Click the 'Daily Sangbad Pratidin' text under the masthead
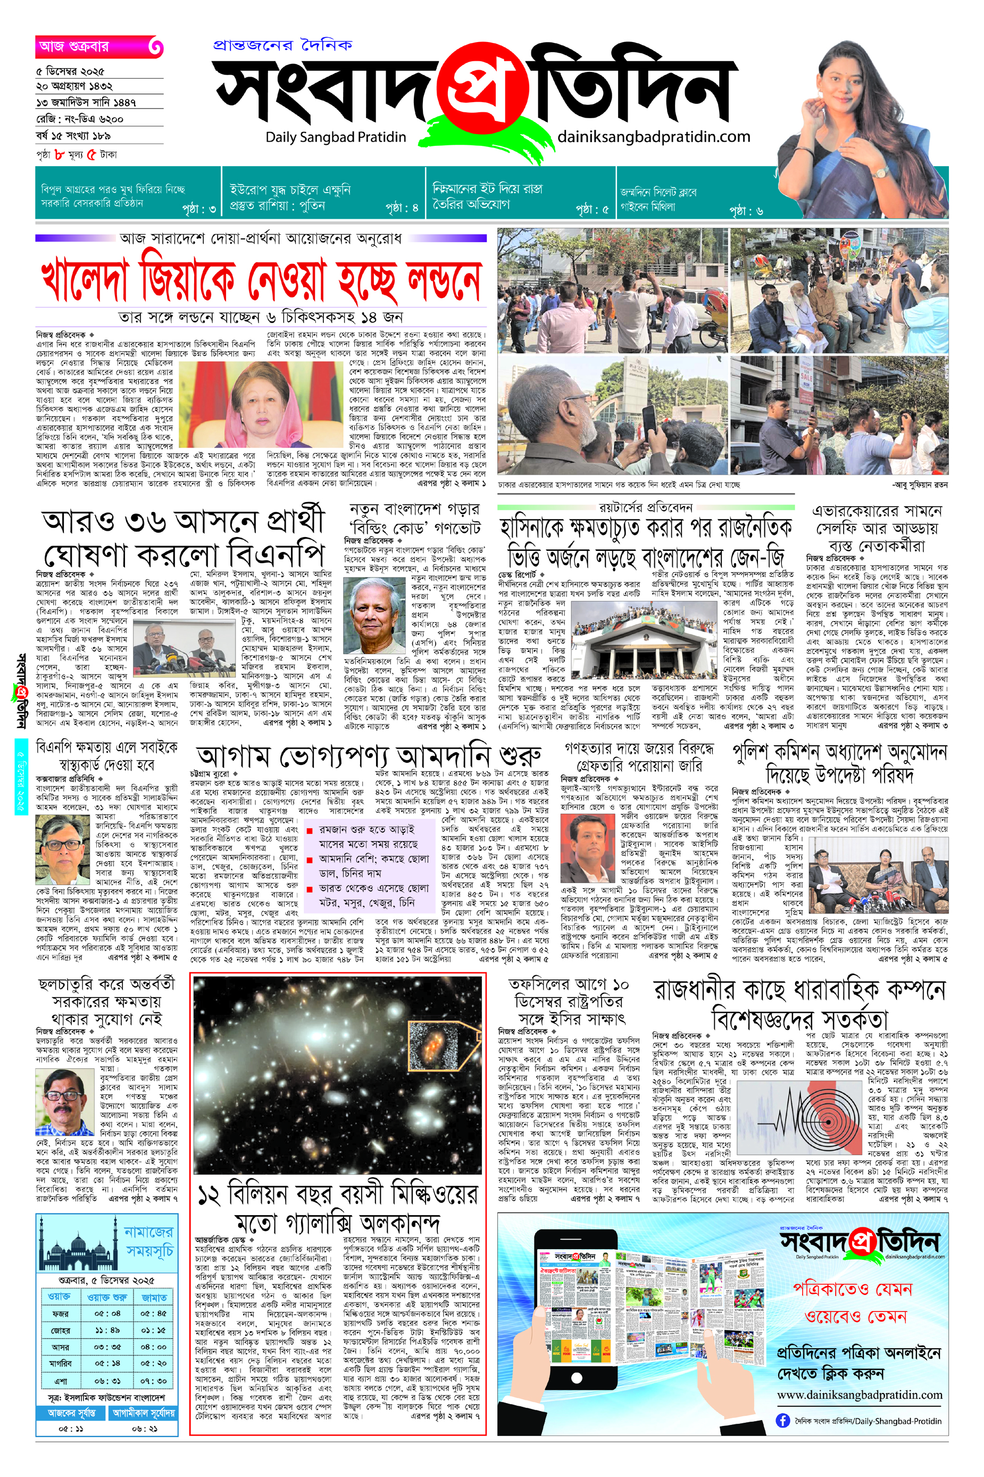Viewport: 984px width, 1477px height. point(336,137)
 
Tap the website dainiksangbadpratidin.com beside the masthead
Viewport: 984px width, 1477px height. point(653,136)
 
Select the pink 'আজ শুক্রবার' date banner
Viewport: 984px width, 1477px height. point(98,46)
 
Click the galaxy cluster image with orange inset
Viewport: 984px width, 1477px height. point(338,1075)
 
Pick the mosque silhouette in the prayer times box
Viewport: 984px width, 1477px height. point(78,1241)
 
